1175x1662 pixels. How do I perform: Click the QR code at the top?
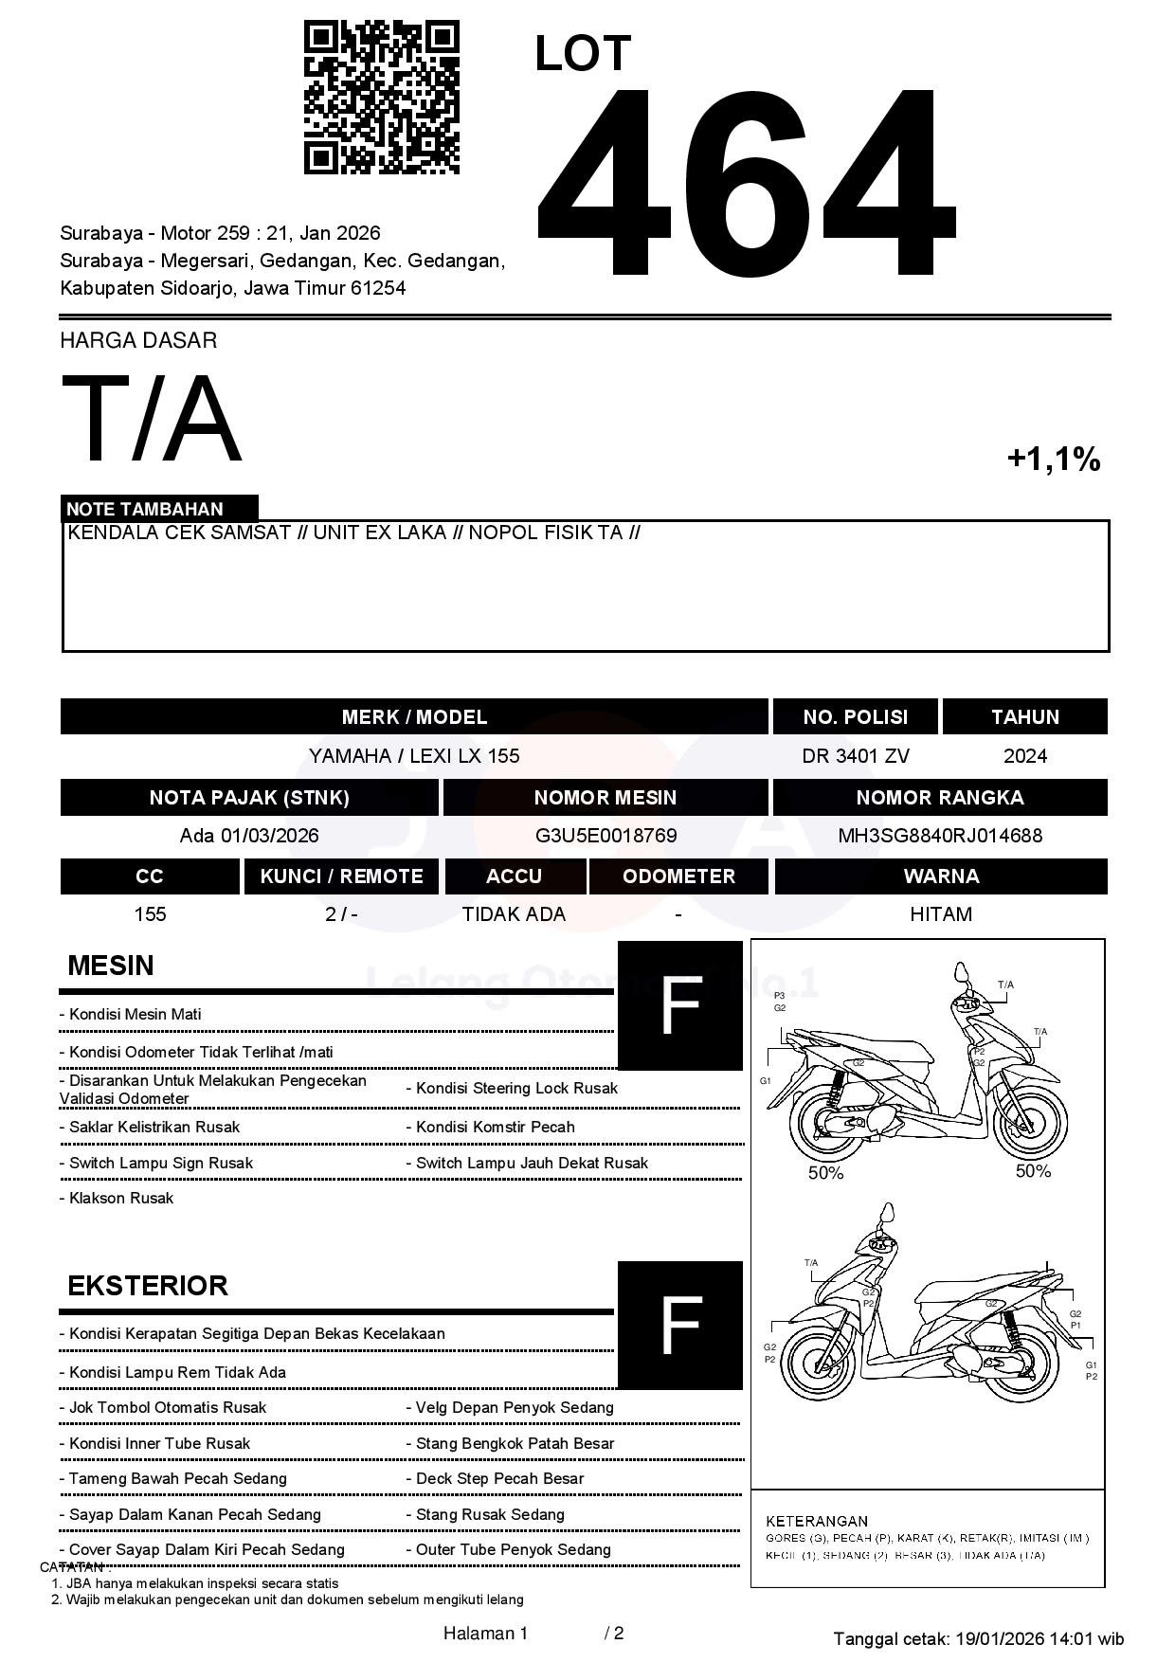pos(381,98)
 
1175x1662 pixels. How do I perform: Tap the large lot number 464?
pos(745,183)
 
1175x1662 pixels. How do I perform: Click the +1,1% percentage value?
pos(1053,460)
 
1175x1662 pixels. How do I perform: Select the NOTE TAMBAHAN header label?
pos(145,509)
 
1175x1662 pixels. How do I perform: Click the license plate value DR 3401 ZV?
pos(855,756)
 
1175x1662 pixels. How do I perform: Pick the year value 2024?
pos(1024,756)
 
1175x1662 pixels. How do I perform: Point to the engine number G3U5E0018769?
pos(606,836)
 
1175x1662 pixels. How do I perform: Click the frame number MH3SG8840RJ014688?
pos(939,836)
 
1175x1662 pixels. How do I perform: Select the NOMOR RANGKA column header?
pos(939,798)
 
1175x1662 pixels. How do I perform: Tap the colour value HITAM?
pos(940,914)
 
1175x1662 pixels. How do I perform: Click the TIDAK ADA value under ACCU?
pos(514,914)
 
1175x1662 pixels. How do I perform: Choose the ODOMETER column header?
pos(678,876)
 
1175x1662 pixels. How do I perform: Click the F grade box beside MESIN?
pos(679,1005)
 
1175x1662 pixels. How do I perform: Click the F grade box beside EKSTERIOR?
pos(679,1325)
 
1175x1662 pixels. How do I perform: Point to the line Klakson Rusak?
pos(121,1199)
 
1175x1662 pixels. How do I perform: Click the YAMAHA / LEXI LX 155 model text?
pos(414,756)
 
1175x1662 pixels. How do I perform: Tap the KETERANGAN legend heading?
pos(816,1521)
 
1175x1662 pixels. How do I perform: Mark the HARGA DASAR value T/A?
pos(152,419)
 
